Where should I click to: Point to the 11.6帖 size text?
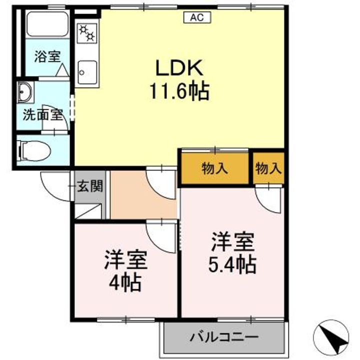click(x=178, y=91)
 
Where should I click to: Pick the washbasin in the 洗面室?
click(x=24, y=92)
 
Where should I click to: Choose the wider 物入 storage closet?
click(x=214, y=168)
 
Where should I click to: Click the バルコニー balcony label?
click(x=223, y=336)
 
